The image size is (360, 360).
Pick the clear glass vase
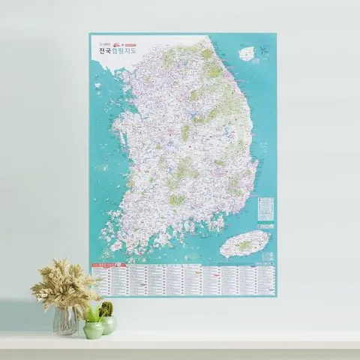click(x=65, y=320)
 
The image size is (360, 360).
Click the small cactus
click(x=106, y=308)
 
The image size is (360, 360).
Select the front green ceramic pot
click(x=93, y=329)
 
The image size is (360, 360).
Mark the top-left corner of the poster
click(x=89, y=33)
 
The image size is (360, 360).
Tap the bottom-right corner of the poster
click(x=276, y=296)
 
